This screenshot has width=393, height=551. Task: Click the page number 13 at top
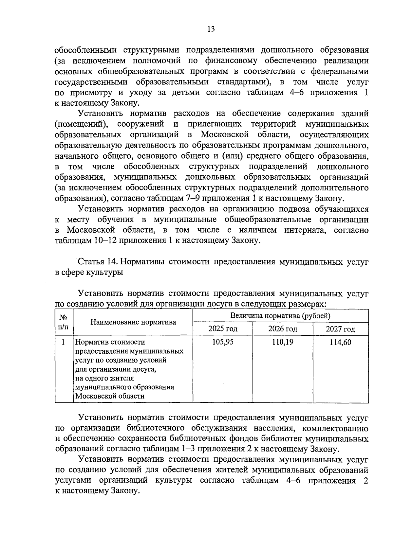[x=211, y=29]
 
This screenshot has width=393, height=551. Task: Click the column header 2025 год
[x=223, y=329]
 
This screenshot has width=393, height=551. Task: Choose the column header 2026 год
[x=283, y=329]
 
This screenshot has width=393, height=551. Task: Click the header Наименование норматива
[x=133, y=322]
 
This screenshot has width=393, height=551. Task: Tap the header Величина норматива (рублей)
[x=280, y=316]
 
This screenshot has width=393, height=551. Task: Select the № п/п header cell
[x=64, y=322]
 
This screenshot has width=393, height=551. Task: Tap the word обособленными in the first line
[x=86, y=50]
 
